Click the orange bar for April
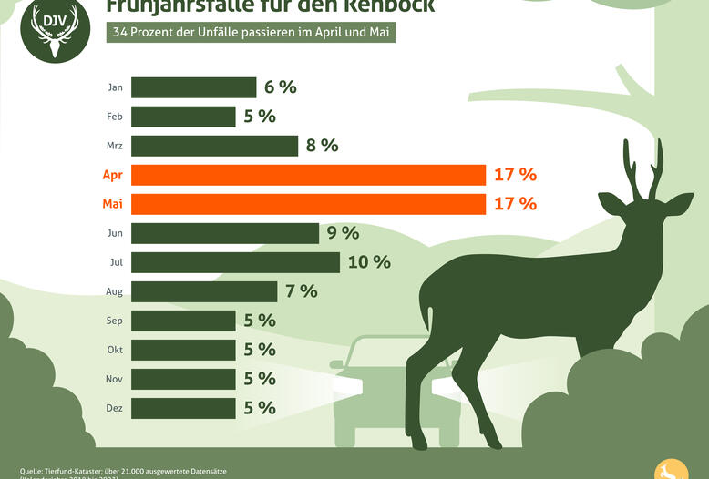coord(308,175)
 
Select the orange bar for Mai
coord(308,204)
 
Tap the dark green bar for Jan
coord(193,87)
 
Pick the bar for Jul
coord(235,262)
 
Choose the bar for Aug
coord(204,291)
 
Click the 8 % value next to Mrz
coord(322,146)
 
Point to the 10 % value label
coord(369,262)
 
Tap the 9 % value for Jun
coord(343,233)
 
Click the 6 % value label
coord(280,87)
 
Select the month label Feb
coord(115,117)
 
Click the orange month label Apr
coord(114,175)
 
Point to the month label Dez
coord(115,408)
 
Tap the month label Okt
coord(115,350)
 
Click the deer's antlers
coord(642,168)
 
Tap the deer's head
coord(642,214)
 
